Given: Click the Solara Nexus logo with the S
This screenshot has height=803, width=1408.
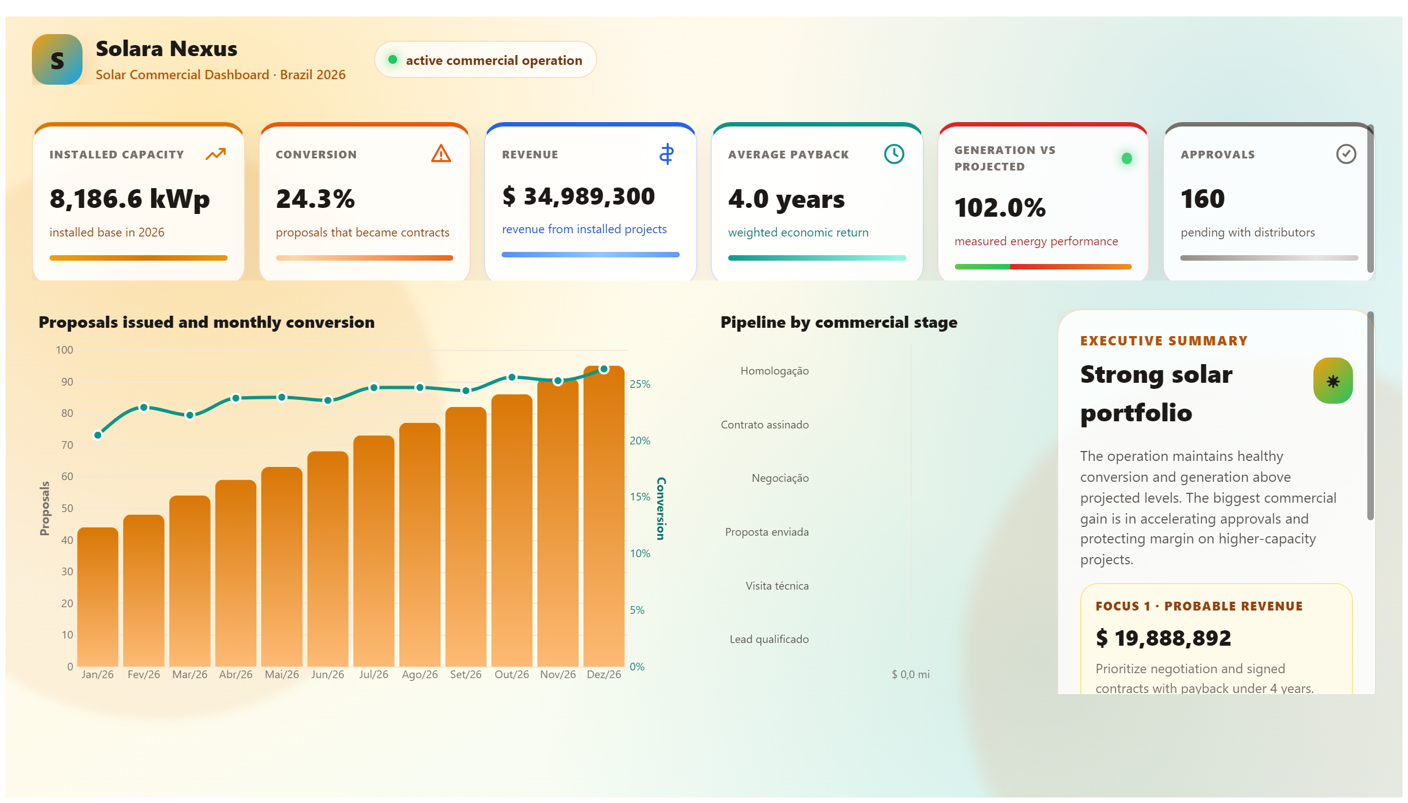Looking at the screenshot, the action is pyautogui.click(x=57, y=59).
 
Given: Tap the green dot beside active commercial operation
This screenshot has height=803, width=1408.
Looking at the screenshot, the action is pyautogui.click(x=392, y=59).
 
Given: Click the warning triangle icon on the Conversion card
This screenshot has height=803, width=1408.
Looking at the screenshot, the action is pyautogui.click(x=441, y=153).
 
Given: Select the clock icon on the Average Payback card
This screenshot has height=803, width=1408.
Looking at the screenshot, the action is pyautogui.click(x=893, y=154).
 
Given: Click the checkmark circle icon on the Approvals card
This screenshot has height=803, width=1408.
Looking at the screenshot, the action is pyautogui.click(x=1346, y=154).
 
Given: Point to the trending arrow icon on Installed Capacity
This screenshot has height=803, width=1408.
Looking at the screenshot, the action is pyautogui.click(x=216, y=154).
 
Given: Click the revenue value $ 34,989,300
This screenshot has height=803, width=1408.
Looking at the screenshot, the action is pyautogui.click(x=579, y=196).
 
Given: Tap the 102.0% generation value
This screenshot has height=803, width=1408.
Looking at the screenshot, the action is pyautogui.click(x=1000, y=208).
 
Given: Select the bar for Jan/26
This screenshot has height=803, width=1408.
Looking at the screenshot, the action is pyautogui.click(x=97, y=597).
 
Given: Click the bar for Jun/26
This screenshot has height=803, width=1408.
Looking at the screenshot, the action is pyautogui.click(x=328, y=559).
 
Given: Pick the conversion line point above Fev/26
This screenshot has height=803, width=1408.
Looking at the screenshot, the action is pyautogui.click(x=144, y=408).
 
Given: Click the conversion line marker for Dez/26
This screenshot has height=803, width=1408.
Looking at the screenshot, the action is pyautogui.click(x=604, y=369).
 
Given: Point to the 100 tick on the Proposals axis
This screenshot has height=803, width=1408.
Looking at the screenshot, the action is pyautogui.click(x=64, y=350).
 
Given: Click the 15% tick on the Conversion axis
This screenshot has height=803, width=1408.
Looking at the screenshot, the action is pyautogui.click(x=640, y=497).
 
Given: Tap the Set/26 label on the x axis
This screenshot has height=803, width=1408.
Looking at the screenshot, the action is pyautogui.click(x=465, y=674).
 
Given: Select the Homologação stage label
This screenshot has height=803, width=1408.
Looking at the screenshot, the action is pyautogui.click(x=774, y=371).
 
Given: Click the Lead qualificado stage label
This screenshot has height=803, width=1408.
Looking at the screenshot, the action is pyautogui.click(x=769, y=639).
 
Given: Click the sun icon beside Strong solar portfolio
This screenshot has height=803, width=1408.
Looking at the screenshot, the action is pyautogui.click(x=1333, y=381).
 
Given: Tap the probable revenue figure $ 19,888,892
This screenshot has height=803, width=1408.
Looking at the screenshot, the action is pyautogui.click(x=1163, y=638).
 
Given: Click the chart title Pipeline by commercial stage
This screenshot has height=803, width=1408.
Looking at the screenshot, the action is pyautogui.click(x=839, y=322).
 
